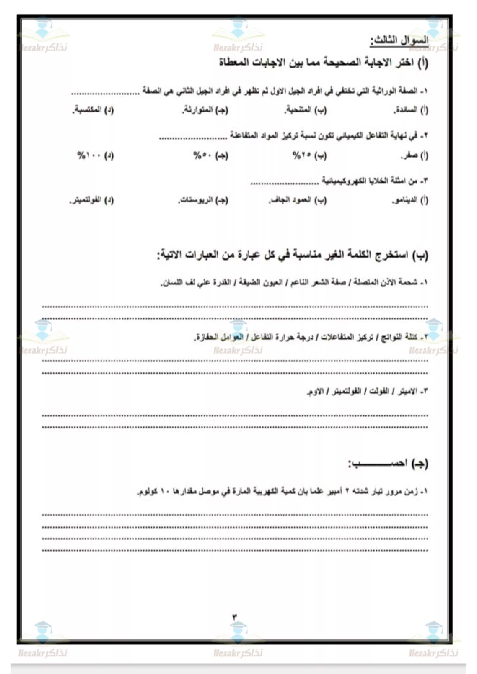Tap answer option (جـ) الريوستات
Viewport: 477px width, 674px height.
click(x=203, y=201)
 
